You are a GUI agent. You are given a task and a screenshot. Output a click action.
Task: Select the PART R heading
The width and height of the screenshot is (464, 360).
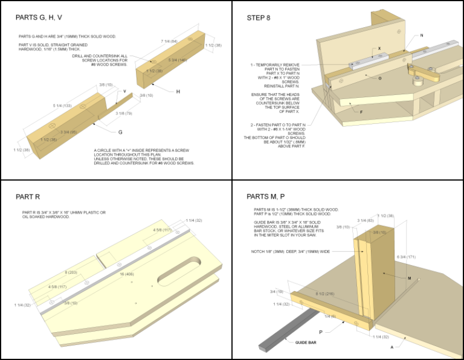[32, 196]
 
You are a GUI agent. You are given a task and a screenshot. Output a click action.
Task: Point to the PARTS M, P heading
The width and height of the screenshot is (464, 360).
[266, 196]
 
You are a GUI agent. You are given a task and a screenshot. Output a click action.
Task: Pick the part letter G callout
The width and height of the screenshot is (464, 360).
[120, 131]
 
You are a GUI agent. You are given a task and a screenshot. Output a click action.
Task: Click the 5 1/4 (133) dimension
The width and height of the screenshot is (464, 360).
[62, 106]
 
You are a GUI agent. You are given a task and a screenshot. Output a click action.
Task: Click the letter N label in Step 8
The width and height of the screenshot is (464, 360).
[421, 36]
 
